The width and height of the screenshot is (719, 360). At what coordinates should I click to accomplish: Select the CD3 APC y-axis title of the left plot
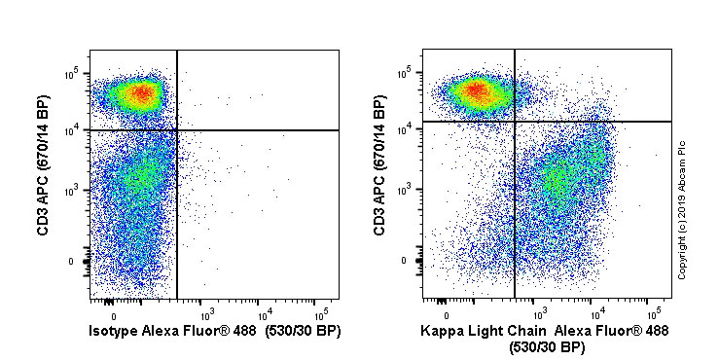(43, 170)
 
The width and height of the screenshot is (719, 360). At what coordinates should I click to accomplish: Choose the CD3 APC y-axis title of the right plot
(380, 170)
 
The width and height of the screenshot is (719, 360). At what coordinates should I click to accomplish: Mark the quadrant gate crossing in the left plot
(176, 129)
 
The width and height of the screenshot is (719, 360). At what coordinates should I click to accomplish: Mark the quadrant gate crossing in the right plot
(514, 121)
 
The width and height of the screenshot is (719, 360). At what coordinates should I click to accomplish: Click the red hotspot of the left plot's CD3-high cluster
(142, 94)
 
